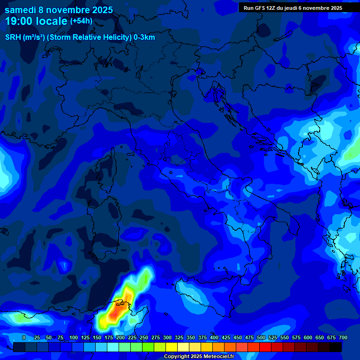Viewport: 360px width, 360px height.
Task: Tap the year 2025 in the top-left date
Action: click(x=99, y=10)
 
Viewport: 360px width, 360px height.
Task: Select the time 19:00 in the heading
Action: click(x=19, y=22)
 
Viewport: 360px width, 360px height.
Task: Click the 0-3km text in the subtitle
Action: click(x=144, y=37)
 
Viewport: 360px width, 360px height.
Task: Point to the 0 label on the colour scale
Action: click(x=23, y=338)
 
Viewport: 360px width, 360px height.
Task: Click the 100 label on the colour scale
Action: click(x=73, y=338)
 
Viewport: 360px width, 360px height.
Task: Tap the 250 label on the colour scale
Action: click(x=143, y=338)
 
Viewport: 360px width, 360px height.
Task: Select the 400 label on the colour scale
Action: click(x=214, y=338)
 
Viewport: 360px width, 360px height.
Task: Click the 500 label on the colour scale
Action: click(x=261, y=338)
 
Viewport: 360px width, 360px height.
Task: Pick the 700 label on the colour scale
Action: click(x=343, y=338)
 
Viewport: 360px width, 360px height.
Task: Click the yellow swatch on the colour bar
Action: click(x=172, y=347)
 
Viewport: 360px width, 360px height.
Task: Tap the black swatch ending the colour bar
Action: click(x=336, y=347)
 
